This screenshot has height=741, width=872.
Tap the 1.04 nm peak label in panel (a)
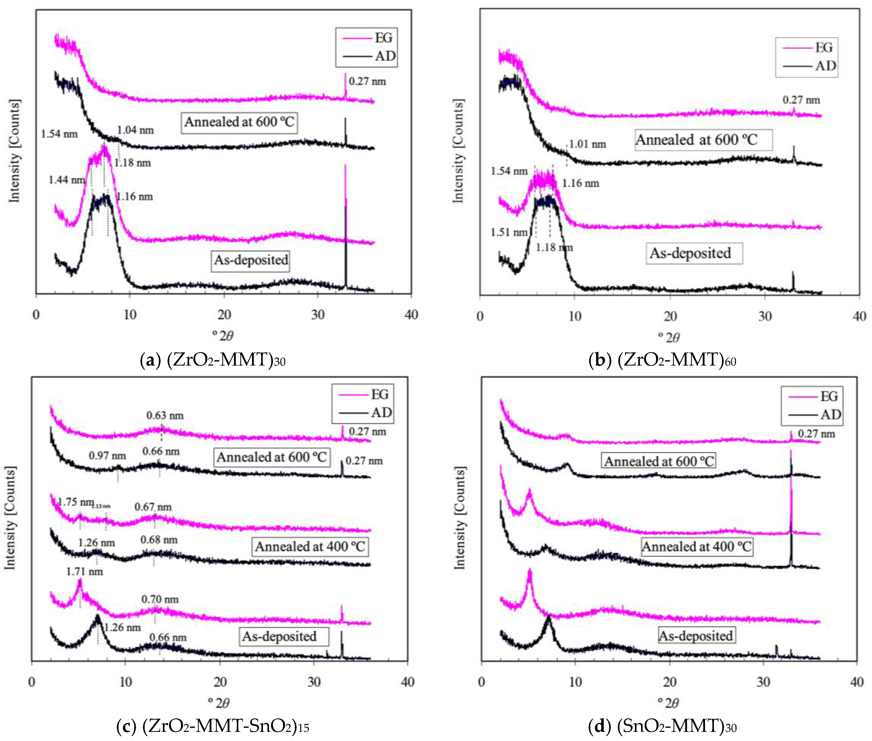(x=135, y=130)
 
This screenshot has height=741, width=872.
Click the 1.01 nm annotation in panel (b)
(x=587, y=144)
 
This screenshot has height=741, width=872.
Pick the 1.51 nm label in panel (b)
(x=508, y=232)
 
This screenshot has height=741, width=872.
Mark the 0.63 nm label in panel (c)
(x=165, y=416)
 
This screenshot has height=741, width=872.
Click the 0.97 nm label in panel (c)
(x=107, y=456)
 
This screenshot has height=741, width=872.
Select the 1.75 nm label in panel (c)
(x=76, y=502)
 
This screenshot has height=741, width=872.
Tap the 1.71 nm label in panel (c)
(x=85, y=572)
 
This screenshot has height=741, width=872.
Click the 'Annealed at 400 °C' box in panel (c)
(x=310, y=547)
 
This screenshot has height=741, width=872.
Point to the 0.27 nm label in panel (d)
(x=816, y=434)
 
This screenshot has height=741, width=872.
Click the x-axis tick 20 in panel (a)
(x=224, y=315)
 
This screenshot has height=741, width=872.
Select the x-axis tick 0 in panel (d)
(x=481, y=682)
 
